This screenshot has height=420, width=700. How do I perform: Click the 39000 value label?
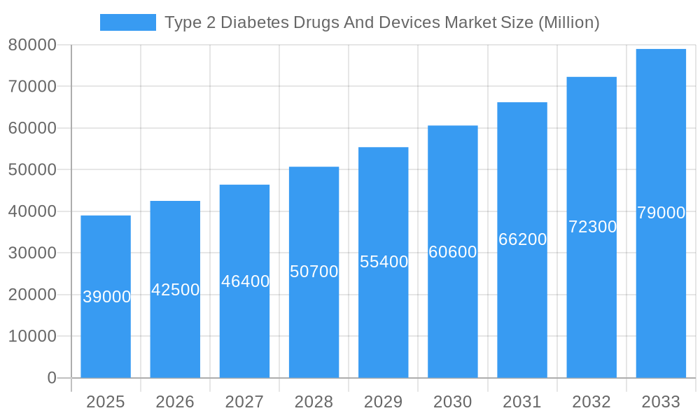(x=106, y=297)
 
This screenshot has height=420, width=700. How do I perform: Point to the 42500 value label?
(x=176, y=290)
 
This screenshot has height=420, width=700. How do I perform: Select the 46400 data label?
(x=245, y=281)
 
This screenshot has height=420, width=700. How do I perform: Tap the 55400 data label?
(x=384, y=262)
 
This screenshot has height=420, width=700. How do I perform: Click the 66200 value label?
(x=522, y=239)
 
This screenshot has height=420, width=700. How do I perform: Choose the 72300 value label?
(x=592, y=227)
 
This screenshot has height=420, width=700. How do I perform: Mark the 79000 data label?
(x=661, y=213)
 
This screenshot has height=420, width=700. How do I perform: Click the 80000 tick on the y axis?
(x=32, y=45)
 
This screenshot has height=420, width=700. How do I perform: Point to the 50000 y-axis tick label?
(x=32, y=170)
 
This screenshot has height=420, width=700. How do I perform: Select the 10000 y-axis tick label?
(x=32, y=337)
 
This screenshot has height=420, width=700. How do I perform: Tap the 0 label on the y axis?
(x=51, y=378)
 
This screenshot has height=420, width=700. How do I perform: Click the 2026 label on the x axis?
(x=175, y=402)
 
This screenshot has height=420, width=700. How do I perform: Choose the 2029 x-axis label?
(x=384, y=402)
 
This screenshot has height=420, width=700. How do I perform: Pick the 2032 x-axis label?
(x=591, y=402)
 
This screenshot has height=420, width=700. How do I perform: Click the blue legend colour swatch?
(x=128, y=22)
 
